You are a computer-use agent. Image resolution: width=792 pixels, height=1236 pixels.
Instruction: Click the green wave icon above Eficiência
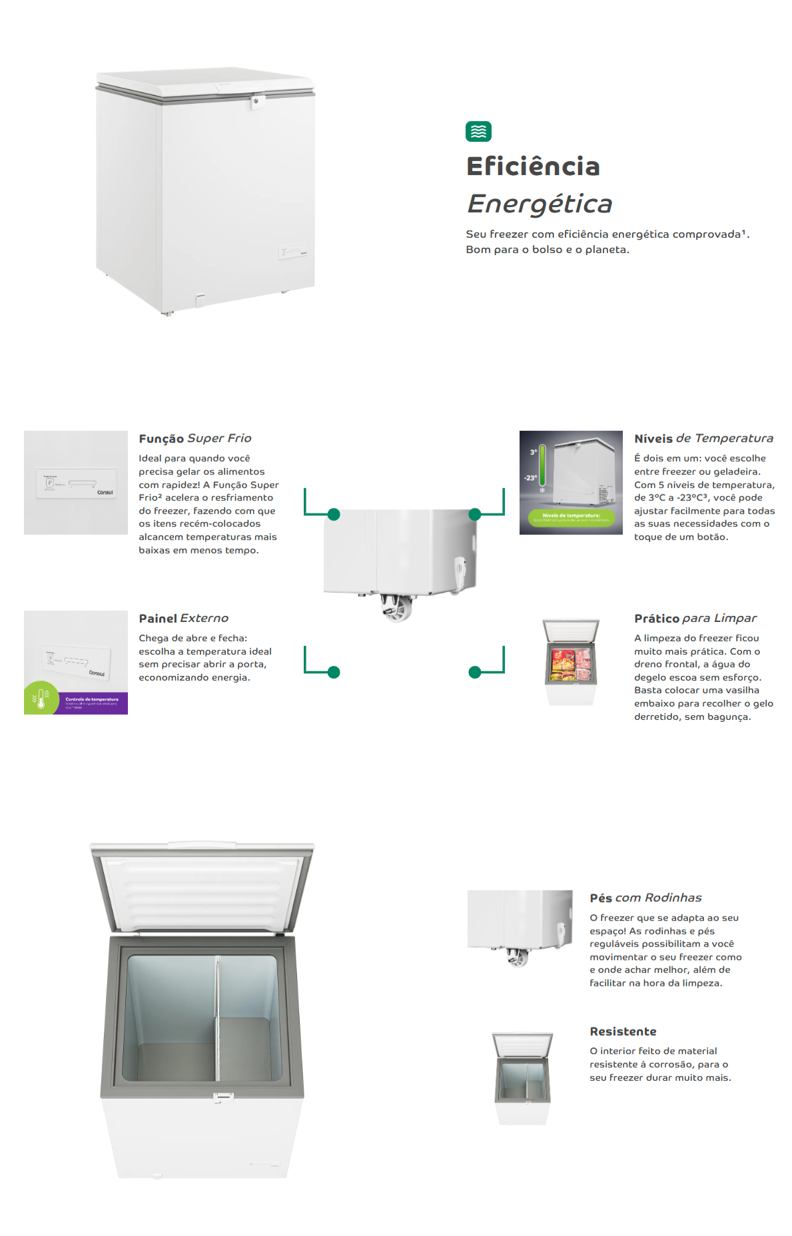[x=478, y=131]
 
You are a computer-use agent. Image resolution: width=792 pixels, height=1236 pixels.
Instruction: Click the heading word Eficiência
[x=533, y=166]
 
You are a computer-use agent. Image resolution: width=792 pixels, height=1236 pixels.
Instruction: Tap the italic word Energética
[x=540, y=204]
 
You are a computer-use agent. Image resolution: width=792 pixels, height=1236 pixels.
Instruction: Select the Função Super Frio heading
[x=195, y=438]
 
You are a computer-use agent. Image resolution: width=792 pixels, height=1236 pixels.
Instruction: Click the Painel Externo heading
[x=184, y=618]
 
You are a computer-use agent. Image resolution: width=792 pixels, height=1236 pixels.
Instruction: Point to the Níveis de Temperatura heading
[x=703, y=438]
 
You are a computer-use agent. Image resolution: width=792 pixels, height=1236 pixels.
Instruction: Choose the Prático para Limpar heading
[x=695, y=618]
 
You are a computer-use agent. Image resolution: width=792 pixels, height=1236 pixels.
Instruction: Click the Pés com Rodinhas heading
[x=645, y=898]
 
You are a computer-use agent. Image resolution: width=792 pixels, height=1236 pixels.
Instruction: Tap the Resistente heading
[x=623, y=1031]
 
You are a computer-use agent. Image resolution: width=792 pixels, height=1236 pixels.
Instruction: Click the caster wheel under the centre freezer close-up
[x=397, y=608]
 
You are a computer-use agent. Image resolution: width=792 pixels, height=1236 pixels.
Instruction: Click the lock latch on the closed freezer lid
[x=256, y=102]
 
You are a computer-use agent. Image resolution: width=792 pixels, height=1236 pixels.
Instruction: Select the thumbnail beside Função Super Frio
[x=76, y=482]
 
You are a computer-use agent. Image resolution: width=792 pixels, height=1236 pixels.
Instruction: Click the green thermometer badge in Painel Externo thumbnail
[x=41, y=699]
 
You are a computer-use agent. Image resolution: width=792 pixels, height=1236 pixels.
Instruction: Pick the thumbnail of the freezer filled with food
[x=571, y=662]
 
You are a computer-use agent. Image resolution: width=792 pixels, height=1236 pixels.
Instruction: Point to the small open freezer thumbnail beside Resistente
[x=523, y=1078]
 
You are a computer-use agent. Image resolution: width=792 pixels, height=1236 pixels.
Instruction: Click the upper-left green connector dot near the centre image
[x=334, y=514]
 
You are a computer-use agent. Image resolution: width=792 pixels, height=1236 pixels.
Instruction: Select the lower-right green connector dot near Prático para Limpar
[x=475, y=672]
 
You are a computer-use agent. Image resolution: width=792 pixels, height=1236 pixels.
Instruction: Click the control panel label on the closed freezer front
[x=293, y=252]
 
